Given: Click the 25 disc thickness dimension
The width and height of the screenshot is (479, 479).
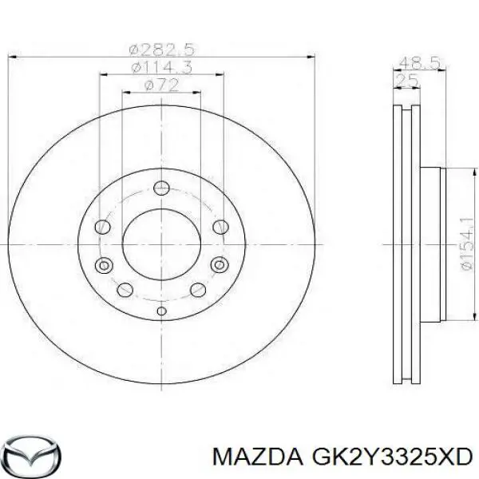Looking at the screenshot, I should (x=407, y=79).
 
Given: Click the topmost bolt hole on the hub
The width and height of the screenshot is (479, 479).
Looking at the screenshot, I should (x=161, y=189).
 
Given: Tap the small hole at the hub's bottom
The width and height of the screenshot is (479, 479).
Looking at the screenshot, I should (x=161, y=311).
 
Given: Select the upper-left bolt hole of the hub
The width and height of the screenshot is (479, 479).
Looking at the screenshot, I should (x=102, y=228).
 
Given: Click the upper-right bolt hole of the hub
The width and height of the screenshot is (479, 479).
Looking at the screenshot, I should (x=220, y=228).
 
